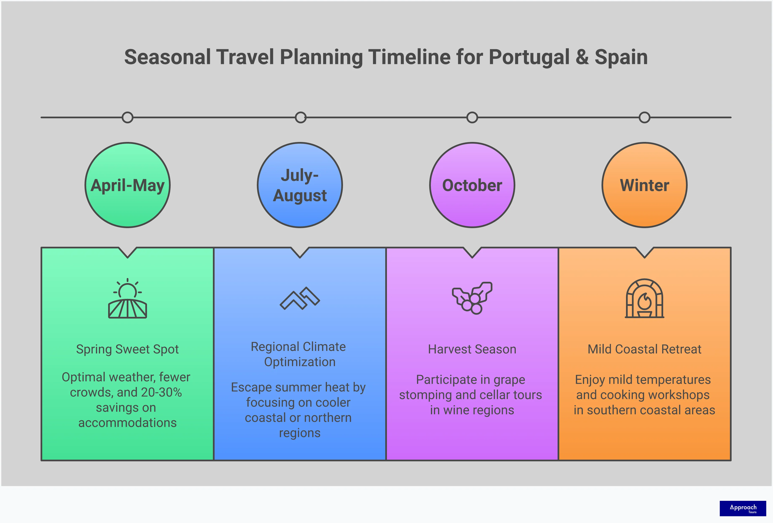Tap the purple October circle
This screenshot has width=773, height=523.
point(472,185)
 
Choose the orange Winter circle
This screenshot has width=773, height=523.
point(644,185)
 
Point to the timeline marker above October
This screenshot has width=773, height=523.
point(472,117)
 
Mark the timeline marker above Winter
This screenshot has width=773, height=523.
point(644,117)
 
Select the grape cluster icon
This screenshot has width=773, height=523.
point(472,298)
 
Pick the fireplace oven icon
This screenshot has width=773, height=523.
point(644,298)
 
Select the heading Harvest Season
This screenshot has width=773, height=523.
point(472,349)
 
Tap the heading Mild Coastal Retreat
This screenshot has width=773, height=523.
point(644,349)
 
